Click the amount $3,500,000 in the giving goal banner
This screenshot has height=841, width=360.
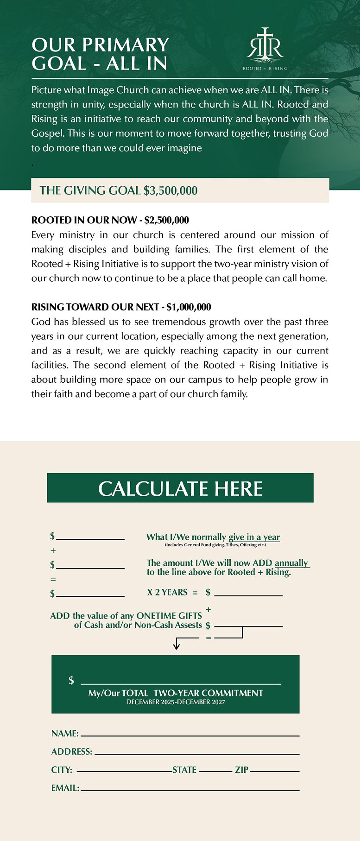click(171, 190)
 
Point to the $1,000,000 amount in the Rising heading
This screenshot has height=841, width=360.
click(189, 307)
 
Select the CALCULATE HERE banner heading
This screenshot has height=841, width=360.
click(180, 488)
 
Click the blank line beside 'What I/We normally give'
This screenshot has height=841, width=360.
click(90, 539)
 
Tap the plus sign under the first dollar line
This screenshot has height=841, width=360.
click(53, 550)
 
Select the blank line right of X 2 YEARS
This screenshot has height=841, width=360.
click(248, 595)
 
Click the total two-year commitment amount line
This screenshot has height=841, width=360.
click(181, 683)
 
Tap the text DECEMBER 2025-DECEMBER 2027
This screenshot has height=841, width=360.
click(176, 702)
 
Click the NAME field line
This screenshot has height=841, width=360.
click(190, 735)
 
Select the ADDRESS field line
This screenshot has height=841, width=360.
click(197, 754)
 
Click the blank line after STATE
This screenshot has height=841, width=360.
click(215, 771)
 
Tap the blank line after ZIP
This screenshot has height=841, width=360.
click(275, 771)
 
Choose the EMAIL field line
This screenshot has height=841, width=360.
click(190, 790)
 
